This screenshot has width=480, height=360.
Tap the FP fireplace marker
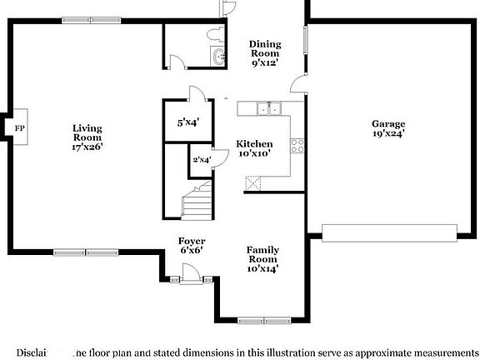coord(20,127)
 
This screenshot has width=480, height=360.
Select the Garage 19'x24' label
coord(388,129)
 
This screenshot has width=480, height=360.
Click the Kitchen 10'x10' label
coord(253,148)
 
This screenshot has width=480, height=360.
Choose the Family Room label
coord(262,258)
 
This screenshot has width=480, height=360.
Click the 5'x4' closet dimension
coord(188,122)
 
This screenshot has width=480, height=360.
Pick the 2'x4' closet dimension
coord(201,159)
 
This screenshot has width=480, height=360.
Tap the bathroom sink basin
coord(219,57)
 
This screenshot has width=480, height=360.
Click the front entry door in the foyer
coord(188,272)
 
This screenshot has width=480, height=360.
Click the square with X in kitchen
coord(253,183)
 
